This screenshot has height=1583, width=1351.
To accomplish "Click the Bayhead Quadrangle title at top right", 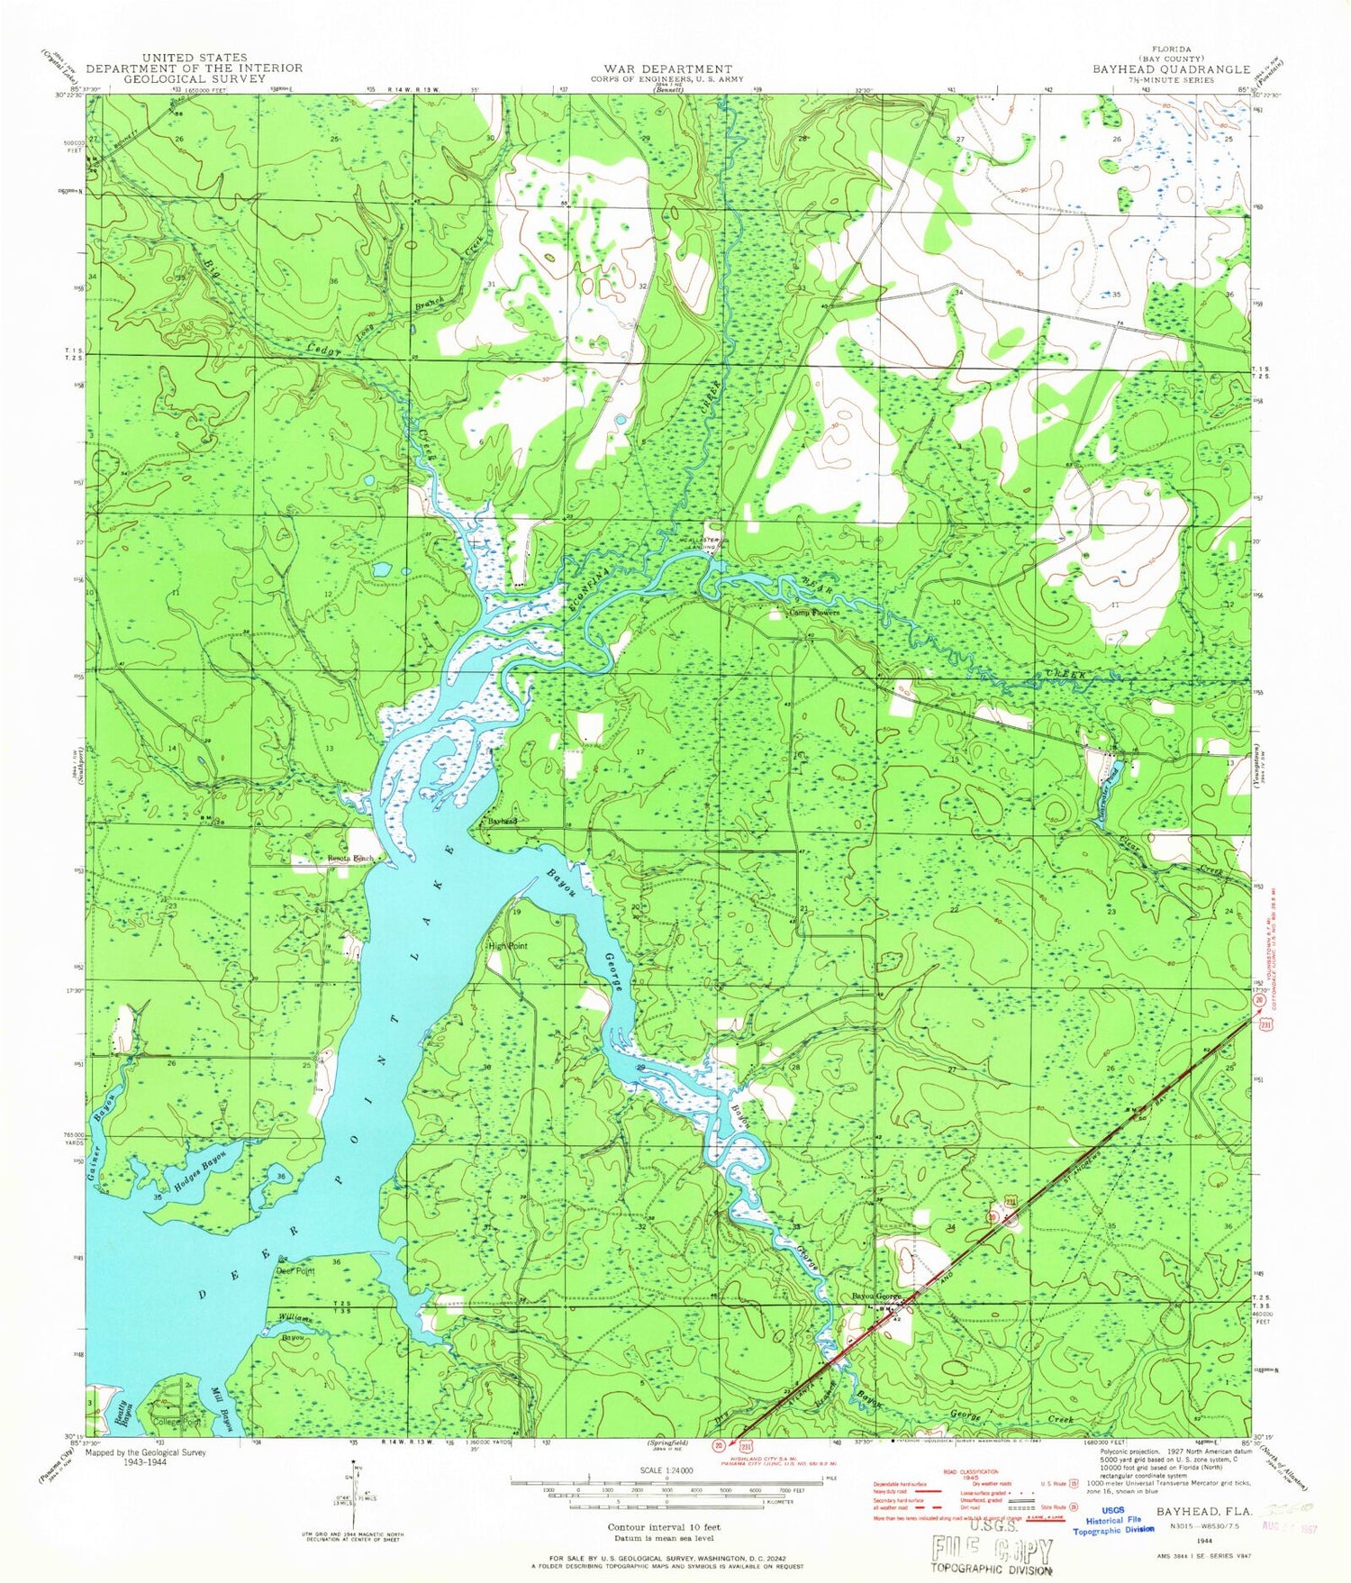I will click(1171, 69).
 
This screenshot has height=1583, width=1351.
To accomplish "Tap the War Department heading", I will click(668, 68).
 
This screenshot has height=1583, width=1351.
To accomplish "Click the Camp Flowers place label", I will click(814, 613).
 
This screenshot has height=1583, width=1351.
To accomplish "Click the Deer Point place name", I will click(295, 1271).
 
